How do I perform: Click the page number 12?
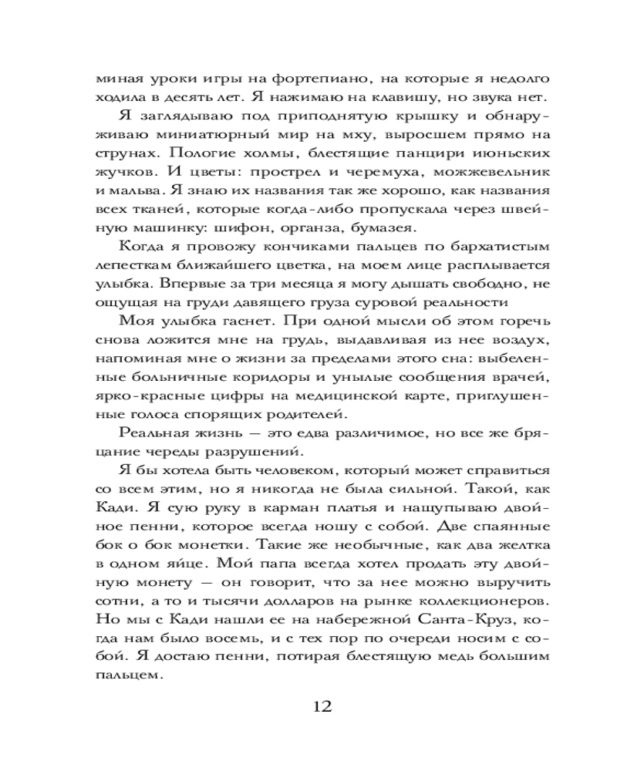click(322, 707)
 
